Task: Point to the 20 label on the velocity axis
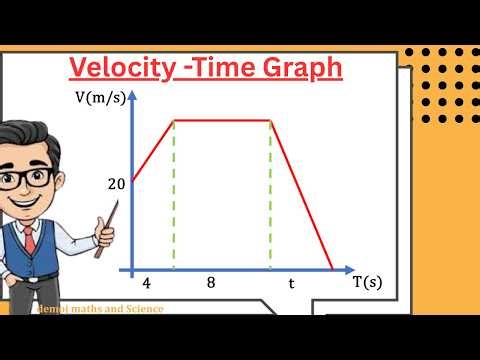[x=114, y=183]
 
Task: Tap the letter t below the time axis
[x=291, y=283]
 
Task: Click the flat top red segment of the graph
[x=223, y=121]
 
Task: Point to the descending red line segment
[x=302, y=195]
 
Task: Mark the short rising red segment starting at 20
[x=153, y=151]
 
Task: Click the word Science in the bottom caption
[x=144, y=309]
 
